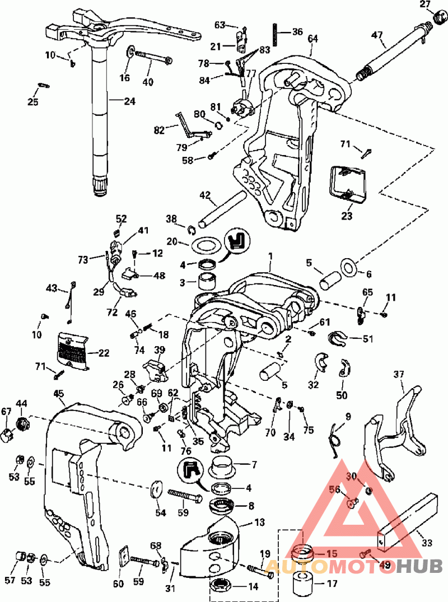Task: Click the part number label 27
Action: pyautogui.click(x=426, y=5)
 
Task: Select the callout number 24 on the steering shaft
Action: pyautogui.click(x=129, y=101)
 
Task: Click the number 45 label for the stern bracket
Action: pyautogui.click(x=59, y=394)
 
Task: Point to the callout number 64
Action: pyautogui.click(x=312, y=38)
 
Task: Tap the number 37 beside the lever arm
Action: pyautogui.click(x=398, y=374)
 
